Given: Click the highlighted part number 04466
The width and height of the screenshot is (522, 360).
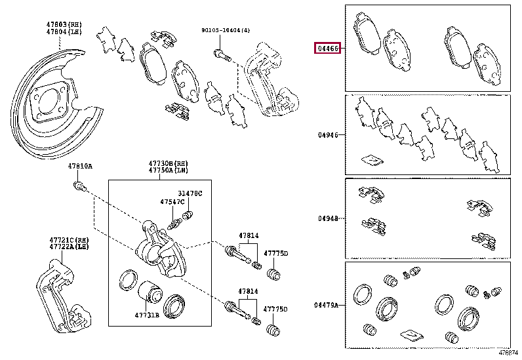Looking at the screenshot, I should [x=328, y=49].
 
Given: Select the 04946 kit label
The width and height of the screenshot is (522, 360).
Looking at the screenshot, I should [x=328, y=135].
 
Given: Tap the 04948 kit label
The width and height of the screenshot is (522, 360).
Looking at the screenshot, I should [x=328, y=218].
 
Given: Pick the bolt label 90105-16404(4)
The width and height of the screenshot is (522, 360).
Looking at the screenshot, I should [x=226, y=30].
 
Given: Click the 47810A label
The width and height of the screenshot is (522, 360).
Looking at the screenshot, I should [x=80, y=167].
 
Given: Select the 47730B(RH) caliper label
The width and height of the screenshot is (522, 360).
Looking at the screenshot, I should [x=160, y=163].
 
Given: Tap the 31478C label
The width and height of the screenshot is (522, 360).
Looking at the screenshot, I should [x=191, y=193].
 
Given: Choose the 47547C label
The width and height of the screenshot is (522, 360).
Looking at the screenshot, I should [x=172, y=202].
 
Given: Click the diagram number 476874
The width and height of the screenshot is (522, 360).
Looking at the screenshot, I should [x=508, y=354].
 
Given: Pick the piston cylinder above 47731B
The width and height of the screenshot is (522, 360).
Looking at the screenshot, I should [x=148, y=290].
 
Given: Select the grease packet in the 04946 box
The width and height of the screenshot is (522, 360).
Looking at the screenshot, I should [x=372, y=159].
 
